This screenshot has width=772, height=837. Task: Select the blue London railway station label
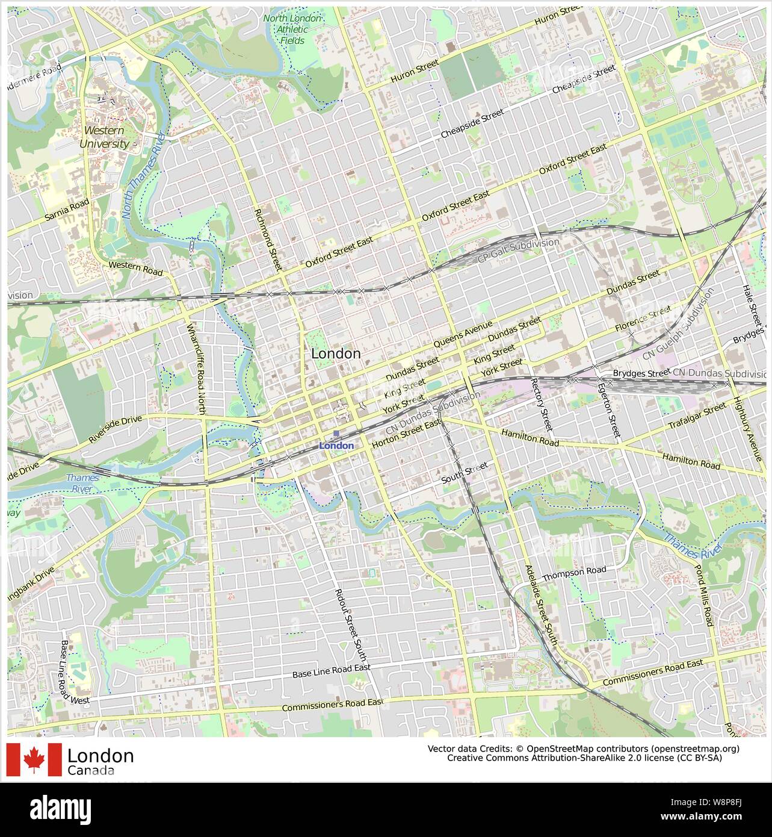click(x=336, y=446)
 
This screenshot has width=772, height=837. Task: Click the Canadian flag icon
click(x=34, y=759)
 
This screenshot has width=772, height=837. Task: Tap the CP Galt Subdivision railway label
click(x=518, y=250)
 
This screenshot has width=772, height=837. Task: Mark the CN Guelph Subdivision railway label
click(x=678, y=325)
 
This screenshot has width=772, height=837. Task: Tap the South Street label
click(x=463, y=473)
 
